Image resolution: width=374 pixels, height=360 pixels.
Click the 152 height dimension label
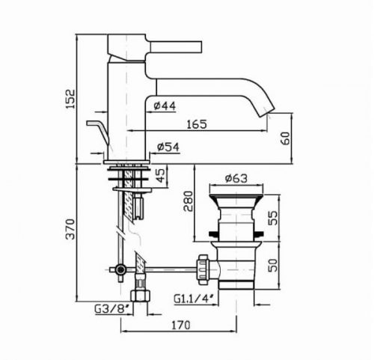tap(71, 99)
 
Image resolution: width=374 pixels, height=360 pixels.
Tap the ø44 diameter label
tap(165, 106)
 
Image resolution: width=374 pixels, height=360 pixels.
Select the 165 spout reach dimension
tap(197, 124)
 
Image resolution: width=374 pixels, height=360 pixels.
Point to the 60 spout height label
tap(286, 138)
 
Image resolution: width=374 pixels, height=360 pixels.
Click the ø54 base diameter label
tap(168, 147)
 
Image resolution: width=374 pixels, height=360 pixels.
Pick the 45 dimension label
tap(161, 176)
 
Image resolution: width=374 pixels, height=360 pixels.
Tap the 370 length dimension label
tap(71, 229)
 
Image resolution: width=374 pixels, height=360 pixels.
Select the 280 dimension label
tap(188, 201)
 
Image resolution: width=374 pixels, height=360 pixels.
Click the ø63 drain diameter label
tap(236, 178)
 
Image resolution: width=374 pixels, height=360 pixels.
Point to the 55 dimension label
tap(274, 218)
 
